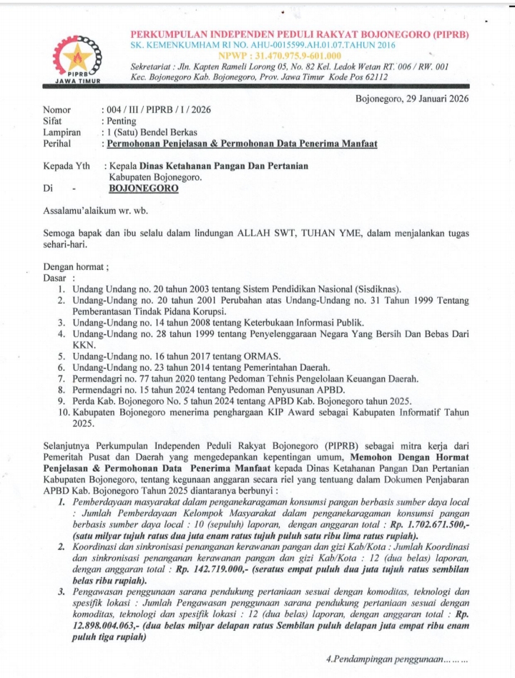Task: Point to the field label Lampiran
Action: click(x=62, y=132)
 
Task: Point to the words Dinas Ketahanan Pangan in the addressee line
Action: click(x=194, y=166)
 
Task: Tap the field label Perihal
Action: click(x=59, y=143)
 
